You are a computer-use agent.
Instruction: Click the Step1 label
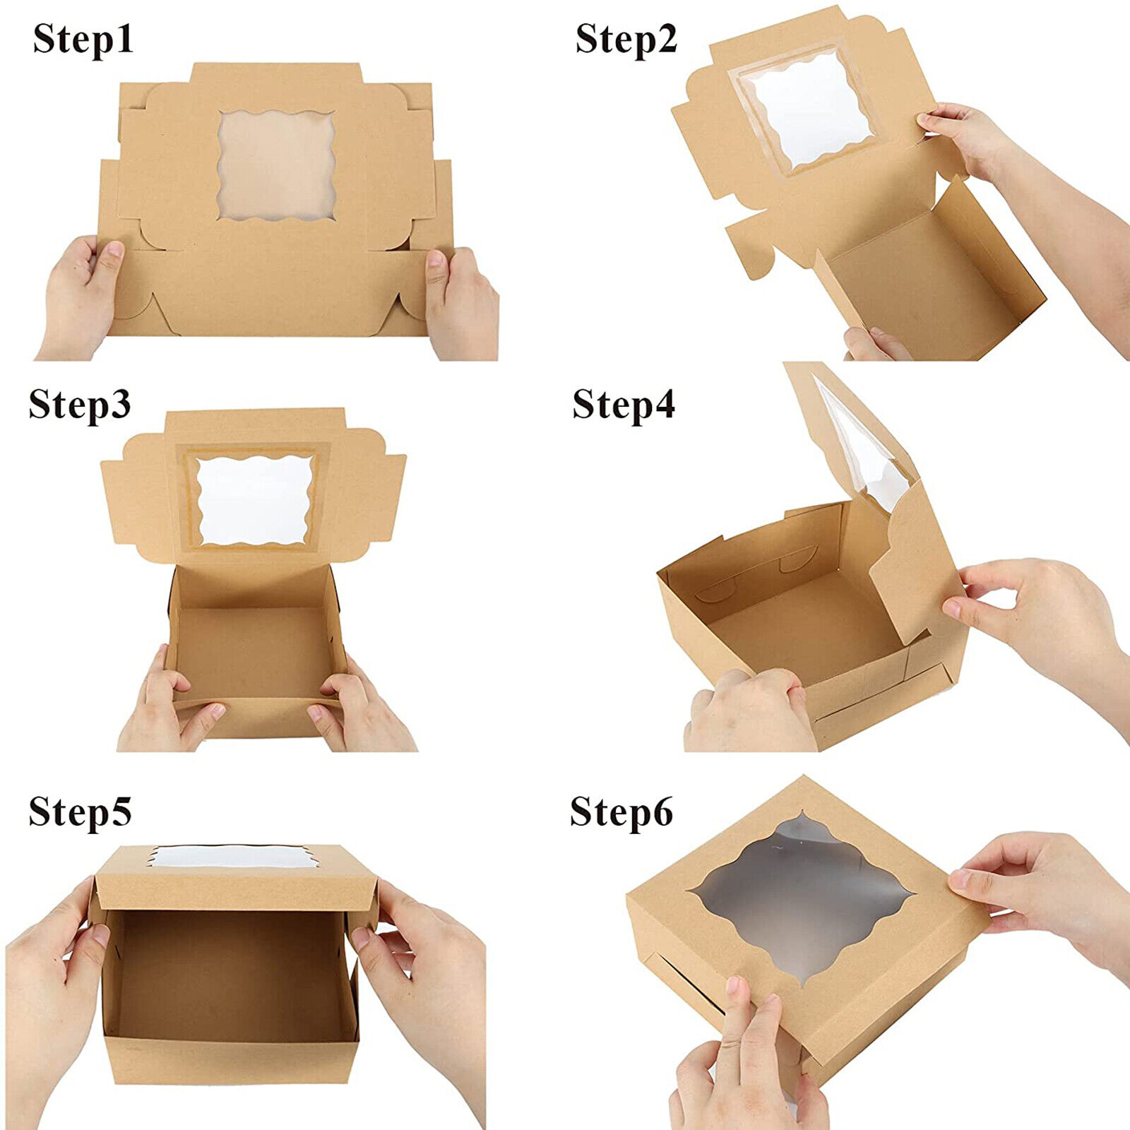pos(83,39)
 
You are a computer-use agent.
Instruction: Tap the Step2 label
pos(626,39)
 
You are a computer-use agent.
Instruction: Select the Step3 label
pos(80,405)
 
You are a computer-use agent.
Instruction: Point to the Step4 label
pos(624,405)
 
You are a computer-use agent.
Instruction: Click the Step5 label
pos(80,811)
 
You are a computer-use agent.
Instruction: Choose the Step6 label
pos(621,811)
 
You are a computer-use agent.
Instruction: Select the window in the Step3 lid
pos(254,500)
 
